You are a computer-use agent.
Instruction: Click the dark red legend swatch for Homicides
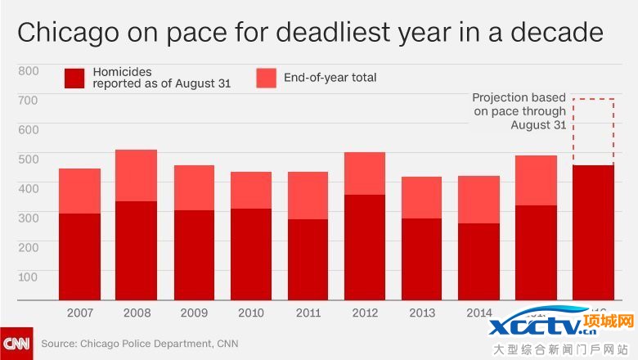74,78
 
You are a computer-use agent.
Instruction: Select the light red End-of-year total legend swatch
266,78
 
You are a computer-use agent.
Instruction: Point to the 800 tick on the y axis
28,70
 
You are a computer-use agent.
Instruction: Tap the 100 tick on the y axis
28,276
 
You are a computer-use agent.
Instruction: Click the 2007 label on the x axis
79,312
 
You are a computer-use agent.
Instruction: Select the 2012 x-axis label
365,312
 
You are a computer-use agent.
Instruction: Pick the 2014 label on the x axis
479,312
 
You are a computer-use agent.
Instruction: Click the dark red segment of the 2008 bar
137,250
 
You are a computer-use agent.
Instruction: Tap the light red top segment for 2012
365,173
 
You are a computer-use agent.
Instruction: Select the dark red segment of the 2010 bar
250,254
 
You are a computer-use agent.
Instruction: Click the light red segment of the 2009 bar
194,187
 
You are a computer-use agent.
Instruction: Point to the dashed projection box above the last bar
593,131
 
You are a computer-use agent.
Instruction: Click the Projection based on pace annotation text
519,111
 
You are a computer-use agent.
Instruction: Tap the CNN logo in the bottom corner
16,344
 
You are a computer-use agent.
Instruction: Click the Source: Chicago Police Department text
139,344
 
